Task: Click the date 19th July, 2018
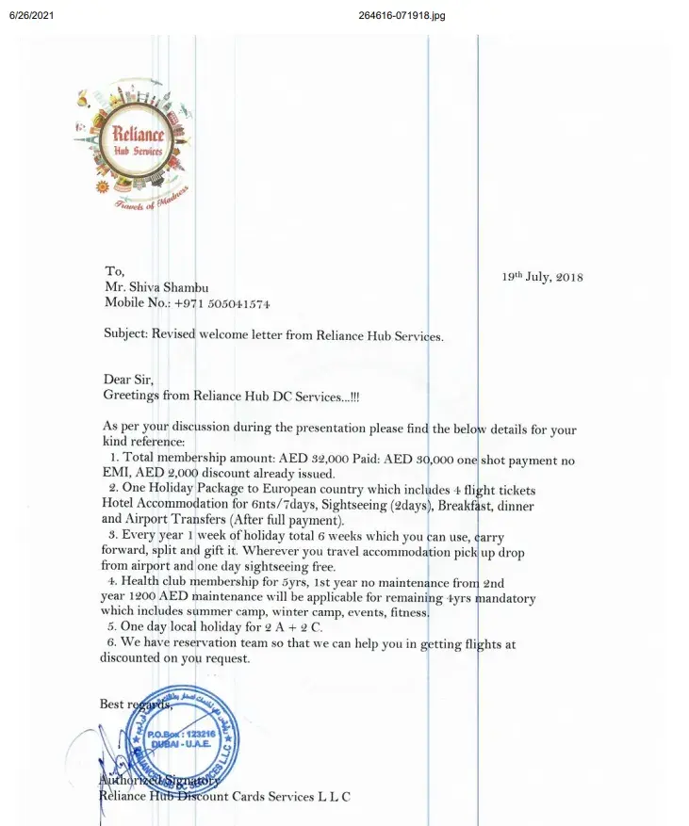542,277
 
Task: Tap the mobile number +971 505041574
223,304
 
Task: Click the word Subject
124,334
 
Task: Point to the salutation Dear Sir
128,380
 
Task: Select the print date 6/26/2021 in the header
30,16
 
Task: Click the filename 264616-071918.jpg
402,16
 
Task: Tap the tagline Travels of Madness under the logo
151,201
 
